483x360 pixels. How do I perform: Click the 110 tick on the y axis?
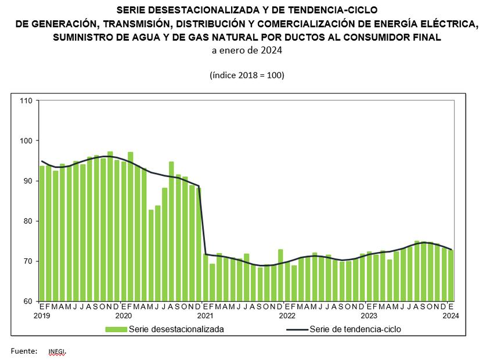[x=26, y=100]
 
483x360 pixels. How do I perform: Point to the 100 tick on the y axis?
[x=26, y=141]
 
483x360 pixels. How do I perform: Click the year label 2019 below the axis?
[x=42, y=316]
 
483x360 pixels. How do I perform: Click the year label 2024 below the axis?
[x=450, y=316]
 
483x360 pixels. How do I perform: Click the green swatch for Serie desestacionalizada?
[x=116, y=329]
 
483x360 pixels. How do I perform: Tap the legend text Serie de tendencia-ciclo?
[x=355, y=329]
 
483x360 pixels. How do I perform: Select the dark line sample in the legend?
[x=297, y=329]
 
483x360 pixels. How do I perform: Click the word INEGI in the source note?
[x=57, y=351]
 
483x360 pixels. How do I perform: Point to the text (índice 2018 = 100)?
[x=247, y=75]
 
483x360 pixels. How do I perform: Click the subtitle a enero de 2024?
[x=247, y=51]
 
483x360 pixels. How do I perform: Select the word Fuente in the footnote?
[x=24, y=351]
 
